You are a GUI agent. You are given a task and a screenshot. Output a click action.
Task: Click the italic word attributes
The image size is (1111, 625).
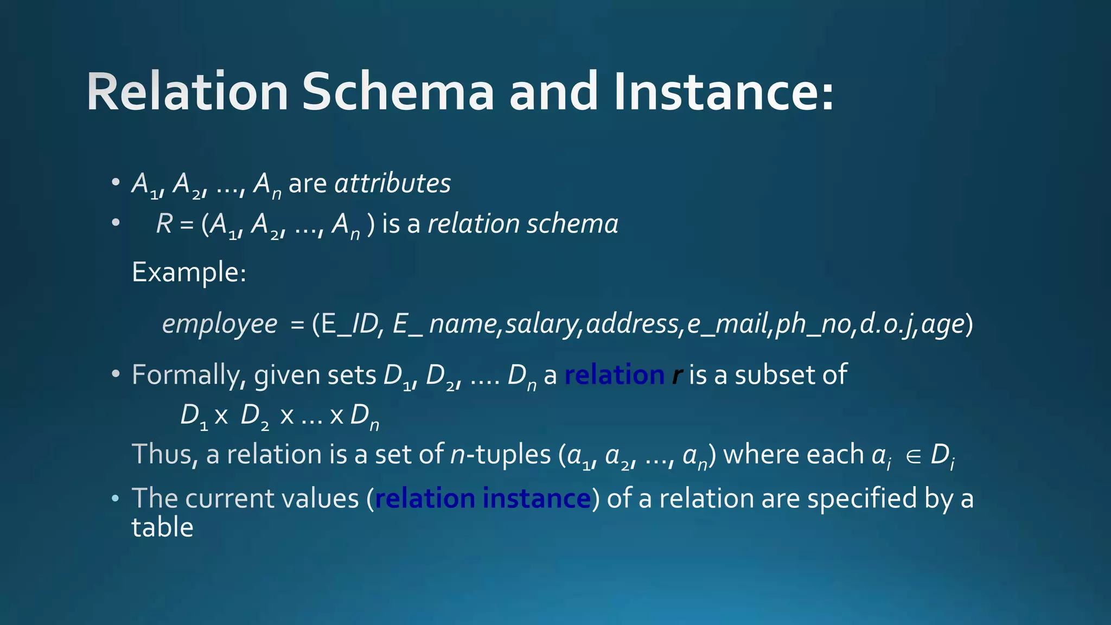tap(392, 183)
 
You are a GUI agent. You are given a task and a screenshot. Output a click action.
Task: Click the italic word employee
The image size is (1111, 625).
tap(220, 324)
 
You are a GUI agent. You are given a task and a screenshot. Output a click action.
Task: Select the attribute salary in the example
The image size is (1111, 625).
tap(540, 324)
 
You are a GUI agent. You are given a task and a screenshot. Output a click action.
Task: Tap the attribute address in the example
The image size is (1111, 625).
tap(633, 324)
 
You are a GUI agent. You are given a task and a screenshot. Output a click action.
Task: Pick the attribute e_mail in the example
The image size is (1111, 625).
tap(727, 324)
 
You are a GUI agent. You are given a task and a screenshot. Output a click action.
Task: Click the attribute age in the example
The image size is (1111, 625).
tap(943, 324)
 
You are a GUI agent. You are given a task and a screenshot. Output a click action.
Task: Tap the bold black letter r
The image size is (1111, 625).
tap(676, 375)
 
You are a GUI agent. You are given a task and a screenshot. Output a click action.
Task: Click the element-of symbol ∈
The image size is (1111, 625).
tap(914, 456)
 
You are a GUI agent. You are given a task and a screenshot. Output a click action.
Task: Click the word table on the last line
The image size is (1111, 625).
tap(162, 527)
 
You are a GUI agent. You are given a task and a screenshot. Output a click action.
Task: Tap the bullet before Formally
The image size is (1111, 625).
tap(115, 374)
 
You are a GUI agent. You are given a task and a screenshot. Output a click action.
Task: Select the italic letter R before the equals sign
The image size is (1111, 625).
tap(164, 224)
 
